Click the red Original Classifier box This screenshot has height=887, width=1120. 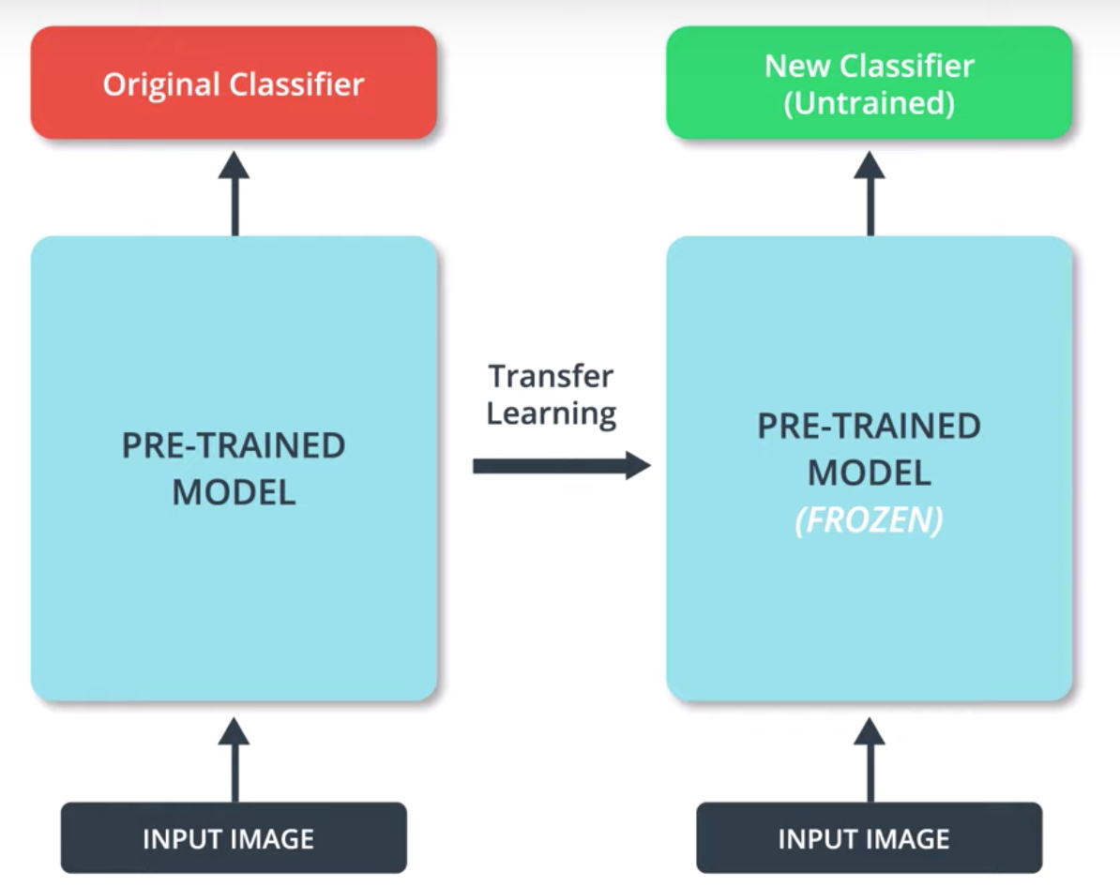[234, 83]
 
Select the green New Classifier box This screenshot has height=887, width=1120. [870, 83]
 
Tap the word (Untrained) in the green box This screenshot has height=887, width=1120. [870, 103]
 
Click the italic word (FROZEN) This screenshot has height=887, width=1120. [870, 519]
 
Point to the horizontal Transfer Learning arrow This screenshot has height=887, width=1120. [562, 466]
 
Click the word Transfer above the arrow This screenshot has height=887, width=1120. [551, 376]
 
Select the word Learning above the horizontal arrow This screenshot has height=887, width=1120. [552, 414]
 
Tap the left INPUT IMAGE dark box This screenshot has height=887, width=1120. [234, 837]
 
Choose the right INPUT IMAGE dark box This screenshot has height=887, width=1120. [870, 837]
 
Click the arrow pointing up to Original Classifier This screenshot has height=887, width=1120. [235, 193]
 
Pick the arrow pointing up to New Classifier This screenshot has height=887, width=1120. [870, 193]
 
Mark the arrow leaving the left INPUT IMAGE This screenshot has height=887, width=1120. [235, 759]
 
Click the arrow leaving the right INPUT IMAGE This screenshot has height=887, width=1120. [870, 759]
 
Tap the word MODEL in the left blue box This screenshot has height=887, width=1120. [234, 492]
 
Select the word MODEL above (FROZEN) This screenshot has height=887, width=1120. [870, 473]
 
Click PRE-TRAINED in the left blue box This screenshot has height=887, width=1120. [234, 445]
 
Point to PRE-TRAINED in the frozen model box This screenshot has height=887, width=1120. [870, 427]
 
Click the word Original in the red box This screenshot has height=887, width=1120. [161, 85]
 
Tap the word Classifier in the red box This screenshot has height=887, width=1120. [297, 83]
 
